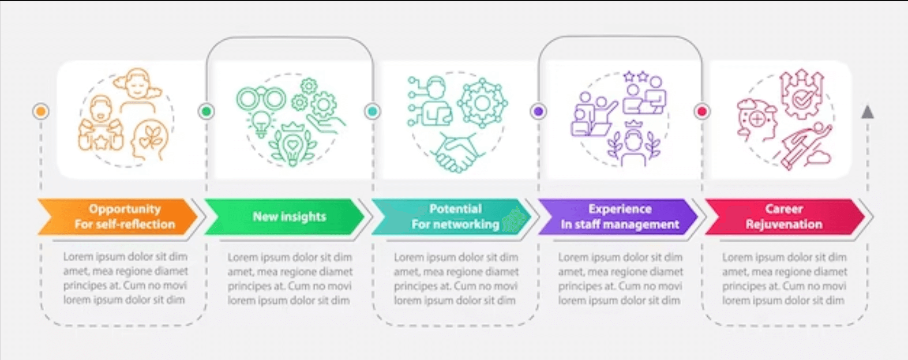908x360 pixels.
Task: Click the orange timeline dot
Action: (x=41, y=111)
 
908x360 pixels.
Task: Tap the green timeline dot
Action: (x=206, y=111)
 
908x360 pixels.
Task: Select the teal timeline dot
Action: (x=372, y=111)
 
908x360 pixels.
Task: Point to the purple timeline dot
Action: (x=538, y=111)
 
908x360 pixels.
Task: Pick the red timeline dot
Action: (x=702, y=111)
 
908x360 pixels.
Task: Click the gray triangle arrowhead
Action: (x=867, y=112)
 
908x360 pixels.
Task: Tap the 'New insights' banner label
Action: (x=289, y=217)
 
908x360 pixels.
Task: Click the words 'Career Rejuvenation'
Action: (x=784, y=217)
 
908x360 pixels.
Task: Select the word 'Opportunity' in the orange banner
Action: (x=125, y=209)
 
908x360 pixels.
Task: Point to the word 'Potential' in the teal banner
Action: (x=456, y=209)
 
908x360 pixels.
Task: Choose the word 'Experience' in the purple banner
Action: (x=620, y=209)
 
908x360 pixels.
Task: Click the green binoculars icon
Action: (x=261, y=98)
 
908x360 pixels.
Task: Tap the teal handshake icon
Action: (x=457, y=153)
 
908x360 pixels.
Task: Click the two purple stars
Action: (x=636, y=77)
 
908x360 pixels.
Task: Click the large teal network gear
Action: (x=482, y=103)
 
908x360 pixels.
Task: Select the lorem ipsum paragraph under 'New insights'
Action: (x=290, y=279)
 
